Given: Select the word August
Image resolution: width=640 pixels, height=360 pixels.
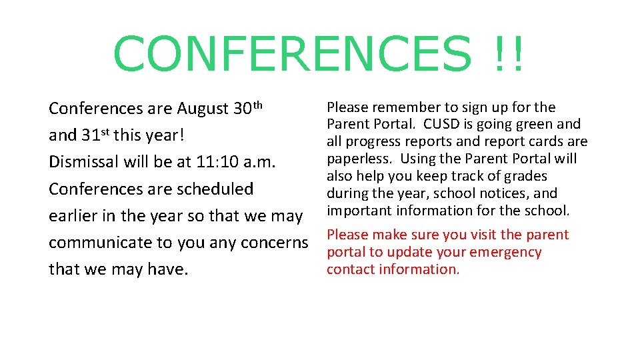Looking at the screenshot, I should (x=203, y=109).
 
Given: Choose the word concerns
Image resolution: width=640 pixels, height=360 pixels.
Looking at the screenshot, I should (x=276, y=243).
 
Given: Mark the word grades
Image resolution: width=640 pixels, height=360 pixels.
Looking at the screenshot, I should (x=525, y=176).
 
